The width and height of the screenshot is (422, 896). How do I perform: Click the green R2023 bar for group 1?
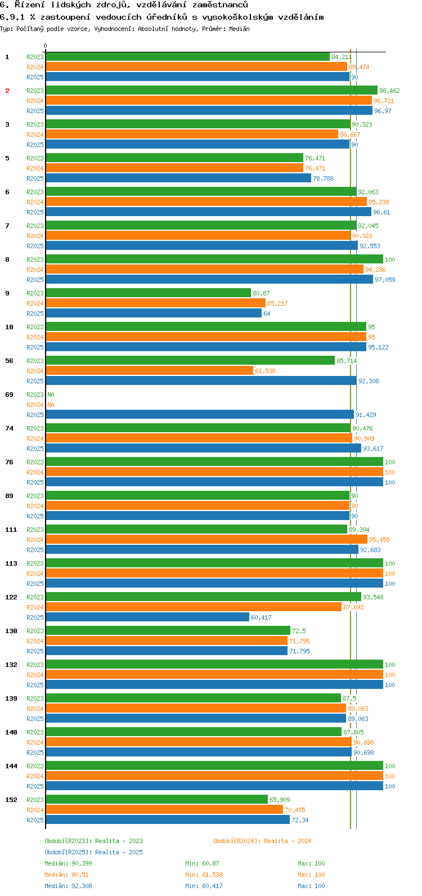tap(187, 57)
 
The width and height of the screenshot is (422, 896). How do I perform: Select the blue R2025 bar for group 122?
tap(147, 617)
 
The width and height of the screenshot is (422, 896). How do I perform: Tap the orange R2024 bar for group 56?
tap(149, 371)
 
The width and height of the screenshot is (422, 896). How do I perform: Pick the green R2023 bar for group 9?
tap(148, 293)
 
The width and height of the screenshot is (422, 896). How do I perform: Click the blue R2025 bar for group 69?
tap(200, 415)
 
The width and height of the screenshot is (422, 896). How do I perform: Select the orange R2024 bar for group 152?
tap(164, 810)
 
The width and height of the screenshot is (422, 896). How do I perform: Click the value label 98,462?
tap(389, 91)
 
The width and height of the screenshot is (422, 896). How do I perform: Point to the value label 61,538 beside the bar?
tap(265, 371)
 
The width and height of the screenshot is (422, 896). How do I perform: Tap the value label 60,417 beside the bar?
tap(261, 617)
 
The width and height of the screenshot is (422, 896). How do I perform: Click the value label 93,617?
tap(373, 449)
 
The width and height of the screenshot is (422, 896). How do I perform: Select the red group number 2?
tap(7, 91)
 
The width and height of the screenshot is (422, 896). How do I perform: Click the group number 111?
tap(11, 530)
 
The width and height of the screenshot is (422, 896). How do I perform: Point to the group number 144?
tap(11, 766)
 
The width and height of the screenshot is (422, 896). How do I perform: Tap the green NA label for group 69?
tap(51, 395)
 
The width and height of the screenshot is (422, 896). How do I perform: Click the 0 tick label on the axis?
tap(46, 46)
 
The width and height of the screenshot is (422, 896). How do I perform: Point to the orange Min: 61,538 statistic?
tap(206, 875)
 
